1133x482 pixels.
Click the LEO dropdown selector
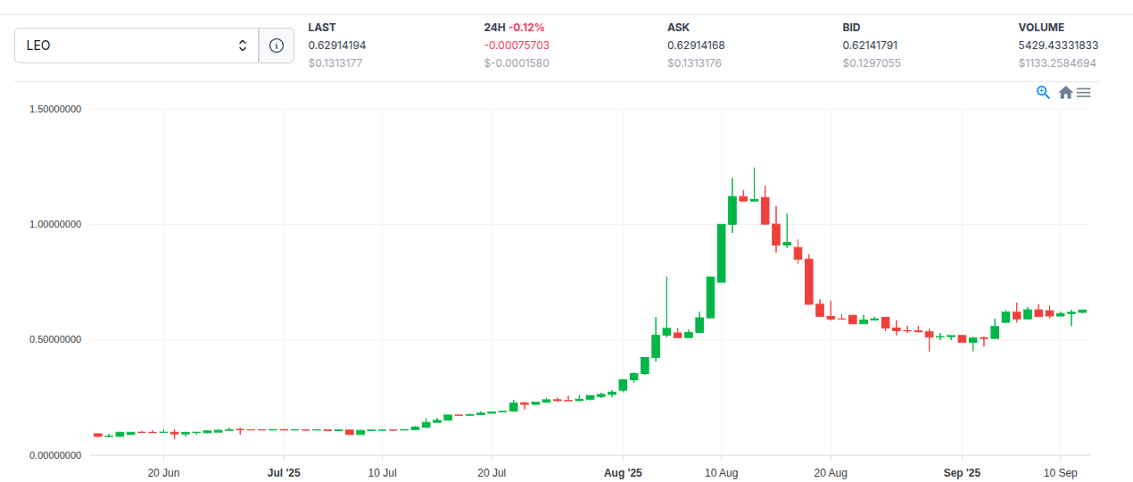pyautogui.click(x=136, y=46)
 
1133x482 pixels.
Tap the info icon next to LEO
pyautogui.click(x=277, y=46)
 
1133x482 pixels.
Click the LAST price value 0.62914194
pyautogui.click(x=337, y=46)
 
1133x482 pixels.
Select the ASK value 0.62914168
pyautogui.click(x=696, y=46)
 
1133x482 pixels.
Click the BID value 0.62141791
pyautogui.click(x=872, y=46)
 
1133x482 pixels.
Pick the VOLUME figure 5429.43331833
pyautogui.click(x=1058, y=46)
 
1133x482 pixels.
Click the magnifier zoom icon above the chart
pyautogui.click(x=1043, y=92)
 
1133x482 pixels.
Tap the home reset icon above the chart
pyautogui.click(x=1065, y=92)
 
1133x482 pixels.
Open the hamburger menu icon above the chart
pyautogui.click(x=1083, y=92)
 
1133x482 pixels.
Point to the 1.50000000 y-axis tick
pyautogui.click(x=55, y=109)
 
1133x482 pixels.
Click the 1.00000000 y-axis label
pyautogui.click(x=55, y=224)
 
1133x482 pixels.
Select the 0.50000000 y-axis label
pyautogui.click(x=55, y=340)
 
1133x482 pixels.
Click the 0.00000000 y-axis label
pyautogui.click(x=55, y=455)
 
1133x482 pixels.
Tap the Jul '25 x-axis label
pyautogui.click(x=285, y=471)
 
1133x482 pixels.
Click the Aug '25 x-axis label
pyautogui.click(x=623, y=471)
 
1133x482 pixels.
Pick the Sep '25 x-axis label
pyautogui.click(x=962, y=471)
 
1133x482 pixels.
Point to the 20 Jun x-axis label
pyautogui.click(x=163, y=471)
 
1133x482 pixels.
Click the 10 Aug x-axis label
pyautogui.click(x=721, y=471)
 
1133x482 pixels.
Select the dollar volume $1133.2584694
pyautogui.click(x=1057, y=63)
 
